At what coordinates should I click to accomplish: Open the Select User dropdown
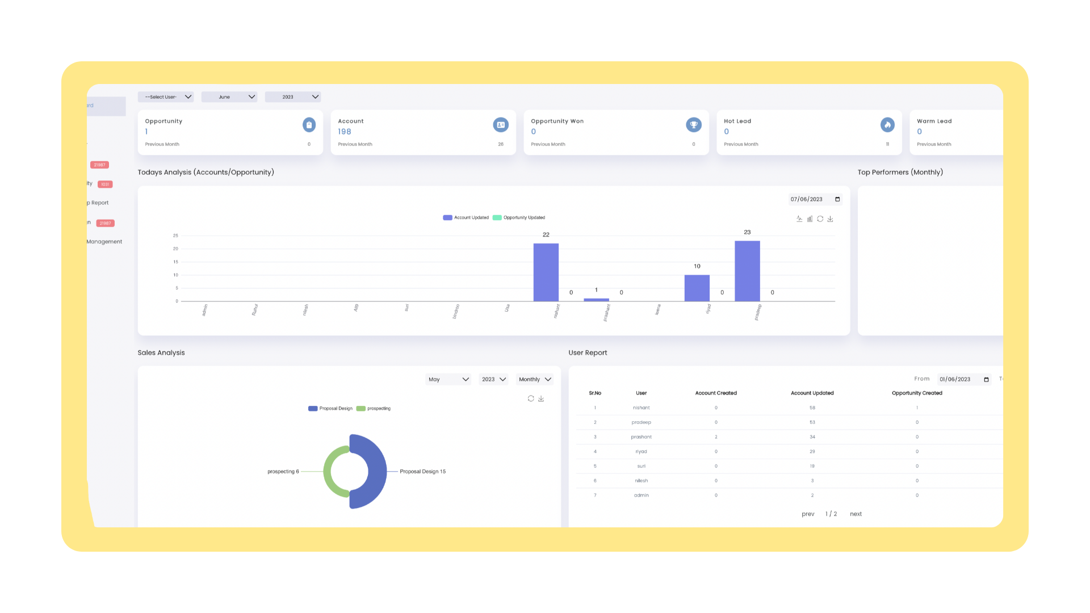point(166,97)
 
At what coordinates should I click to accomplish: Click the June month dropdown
point(229,97)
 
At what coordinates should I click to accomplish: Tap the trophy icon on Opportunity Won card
point(693,125)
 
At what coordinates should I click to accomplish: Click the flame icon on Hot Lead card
point(887,125)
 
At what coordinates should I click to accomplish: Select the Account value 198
point(345,132)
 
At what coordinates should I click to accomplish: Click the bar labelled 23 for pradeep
point(747,271)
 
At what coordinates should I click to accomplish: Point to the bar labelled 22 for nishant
point(546,272)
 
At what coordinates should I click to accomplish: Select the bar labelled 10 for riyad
point(697,288)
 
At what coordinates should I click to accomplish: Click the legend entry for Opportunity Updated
point(519,218)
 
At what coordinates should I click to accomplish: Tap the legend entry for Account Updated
point(466,218)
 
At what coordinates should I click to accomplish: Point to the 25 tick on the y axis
point(175,236)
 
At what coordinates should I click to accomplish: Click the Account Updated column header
point(812,393)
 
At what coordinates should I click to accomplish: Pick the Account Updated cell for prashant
point(812,437)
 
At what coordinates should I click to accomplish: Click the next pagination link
point(856,514)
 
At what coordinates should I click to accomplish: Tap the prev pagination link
point(808,514)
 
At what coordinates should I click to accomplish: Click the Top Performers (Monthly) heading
point(900,173)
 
